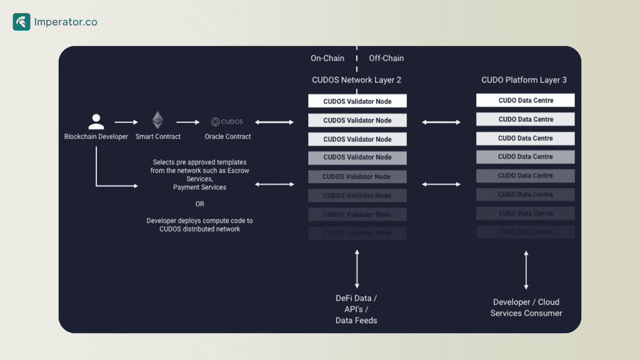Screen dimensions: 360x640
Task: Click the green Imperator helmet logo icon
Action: point(21,22)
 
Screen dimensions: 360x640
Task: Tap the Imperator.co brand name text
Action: point(66,22)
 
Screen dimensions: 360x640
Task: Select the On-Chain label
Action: point(327,58)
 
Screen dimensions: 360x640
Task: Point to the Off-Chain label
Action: point(386,58)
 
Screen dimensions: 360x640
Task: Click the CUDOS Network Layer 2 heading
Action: point(357,80)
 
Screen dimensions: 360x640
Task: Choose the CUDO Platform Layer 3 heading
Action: point(524,80)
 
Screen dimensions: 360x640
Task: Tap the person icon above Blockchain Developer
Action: point(96,121)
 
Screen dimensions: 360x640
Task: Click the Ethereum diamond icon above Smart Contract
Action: point(158,120)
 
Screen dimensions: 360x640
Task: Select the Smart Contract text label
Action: point(158,136)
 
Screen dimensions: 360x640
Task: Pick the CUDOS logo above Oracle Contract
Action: point(227,122)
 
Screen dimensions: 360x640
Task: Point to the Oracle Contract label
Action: point(227,136)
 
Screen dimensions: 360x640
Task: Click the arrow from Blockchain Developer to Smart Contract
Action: point(126,122)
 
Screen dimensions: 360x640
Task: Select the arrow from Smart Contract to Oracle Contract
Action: point(187,122)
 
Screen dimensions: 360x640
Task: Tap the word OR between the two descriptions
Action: point(199,204)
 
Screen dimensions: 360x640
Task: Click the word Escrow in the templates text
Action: point(238,171)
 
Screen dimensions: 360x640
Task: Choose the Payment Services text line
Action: point(199,187)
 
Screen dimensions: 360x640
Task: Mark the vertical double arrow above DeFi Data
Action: point(357,268)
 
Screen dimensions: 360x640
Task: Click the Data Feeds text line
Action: point(356,321)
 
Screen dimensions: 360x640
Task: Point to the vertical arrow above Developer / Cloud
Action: point(526,269)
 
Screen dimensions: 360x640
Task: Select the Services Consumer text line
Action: point(526,313)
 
